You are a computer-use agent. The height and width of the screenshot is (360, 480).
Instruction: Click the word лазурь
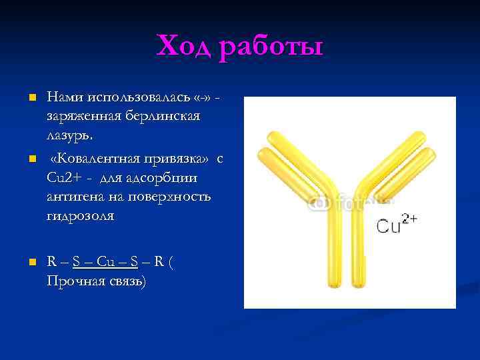[70, 135]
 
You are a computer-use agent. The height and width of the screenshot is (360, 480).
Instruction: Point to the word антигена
[75, 197]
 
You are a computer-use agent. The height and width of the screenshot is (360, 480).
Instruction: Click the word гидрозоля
[81, 216]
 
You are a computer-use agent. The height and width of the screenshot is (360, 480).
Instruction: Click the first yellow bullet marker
[31, 99]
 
